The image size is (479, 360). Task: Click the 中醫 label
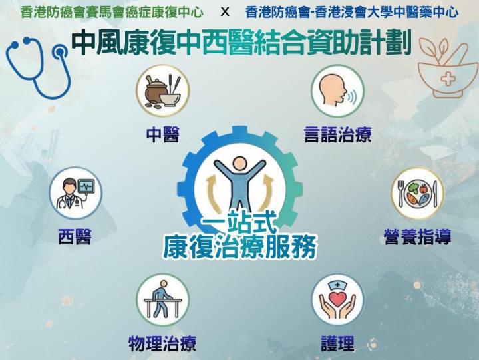tap(162, 135)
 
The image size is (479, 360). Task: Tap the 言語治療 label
tap(337, 135)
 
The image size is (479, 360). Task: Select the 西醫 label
tap(75, 236)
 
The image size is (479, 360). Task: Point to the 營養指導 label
tap(417, 236)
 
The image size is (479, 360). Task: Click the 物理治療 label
tap(162, 343)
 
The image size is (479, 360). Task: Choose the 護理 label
tap(337, 343)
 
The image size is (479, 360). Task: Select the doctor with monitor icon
tap(75, 193)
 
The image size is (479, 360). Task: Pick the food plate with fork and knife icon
tap(417, 193)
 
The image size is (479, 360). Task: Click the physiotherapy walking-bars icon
tap(162, 300)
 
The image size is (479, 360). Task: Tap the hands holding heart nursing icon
tap(337, 300)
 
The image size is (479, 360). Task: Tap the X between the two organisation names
tap(224, 12)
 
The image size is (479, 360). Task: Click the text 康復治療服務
tap(239, 246)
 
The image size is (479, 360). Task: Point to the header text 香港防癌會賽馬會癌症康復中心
tap(112, 12)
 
